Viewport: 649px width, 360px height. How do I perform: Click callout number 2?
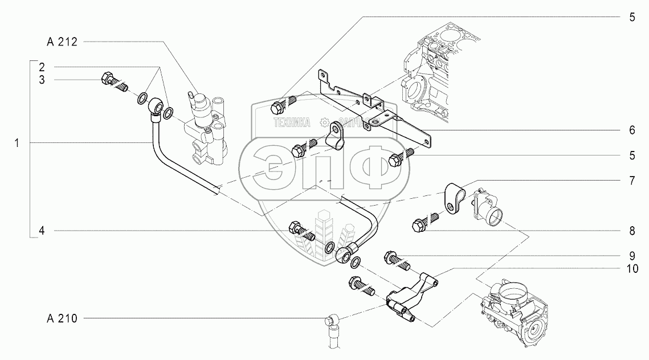(42, 67)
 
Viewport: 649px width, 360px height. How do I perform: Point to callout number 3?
(42, 80)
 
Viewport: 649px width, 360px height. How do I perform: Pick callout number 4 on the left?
(42, 231)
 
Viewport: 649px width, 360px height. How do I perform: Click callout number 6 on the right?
(632, 130)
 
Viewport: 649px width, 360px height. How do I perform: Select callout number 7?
(632, 179)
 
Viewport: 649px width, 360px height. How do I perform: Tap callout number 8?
(632, 231)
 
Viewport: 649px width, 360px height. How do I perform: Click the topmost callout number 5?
(632, 18)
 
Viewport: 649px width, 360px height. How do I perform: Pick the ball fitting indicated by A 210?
(333, 324)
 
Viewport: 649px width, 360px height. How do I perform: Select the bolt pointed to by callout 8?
(421, 224)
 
